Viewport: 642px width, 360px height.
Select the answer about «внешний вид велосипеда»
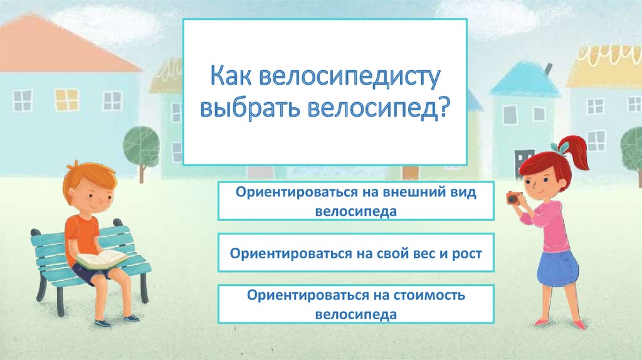pyautogui.click(x=356, y=201)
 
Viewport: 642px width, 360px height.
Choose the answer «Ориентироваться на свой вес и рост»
pyautogui.click(x=356, y=253)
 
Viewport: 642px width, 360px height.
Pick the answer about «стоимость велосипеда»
pyautogui.click(x=356, y=304)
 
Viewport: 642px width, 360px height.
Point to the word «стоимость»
pyautogui.click(x=426, y=295)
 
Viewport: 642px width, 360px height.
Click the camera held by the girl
pyautogui.click(x=513, y=198)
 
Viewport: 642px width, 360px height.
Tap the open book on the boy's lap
pyautogui.click(x=100, y=258)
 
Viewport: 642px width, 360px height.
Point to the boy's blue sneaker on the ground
pyautogui.click(x=130, y=317)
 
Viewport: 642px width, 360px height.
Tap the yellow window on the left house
pyautogui.click(x=67, y=99)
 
